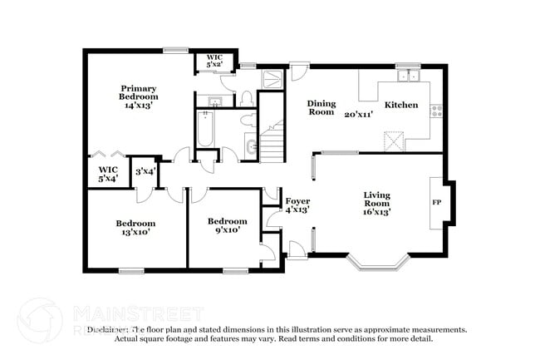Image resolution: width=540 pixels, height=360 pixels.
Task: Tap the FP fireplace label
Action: (435, 202)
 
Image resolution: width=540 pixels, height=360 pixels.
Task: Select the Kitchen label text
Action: (400, 105)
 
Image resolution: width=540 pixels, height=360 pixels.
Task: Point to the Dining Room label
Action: (322, 108)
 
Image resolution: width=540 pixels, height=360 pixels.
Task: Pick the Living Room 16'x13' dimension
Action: (376, 211)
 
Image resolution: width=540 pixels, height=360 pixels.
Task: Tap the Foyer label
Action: (297, 201)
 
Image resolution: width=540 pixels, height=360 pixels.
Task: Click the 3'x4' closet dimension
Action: (145, 170)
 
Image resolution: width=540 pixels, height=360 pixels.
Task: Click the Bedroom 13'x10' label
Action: (135, 228)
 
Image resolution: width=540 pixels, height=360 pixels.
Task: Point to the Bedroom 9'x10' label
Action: (227, 226)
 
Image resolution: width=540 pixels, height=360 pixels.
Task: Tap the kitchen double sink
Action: (408, 77)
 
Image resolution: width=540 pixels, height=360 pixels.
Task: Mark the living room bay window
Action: (376, 263)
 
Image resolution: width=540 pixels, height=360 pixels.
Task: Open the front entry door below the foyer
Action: (296, 247)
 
